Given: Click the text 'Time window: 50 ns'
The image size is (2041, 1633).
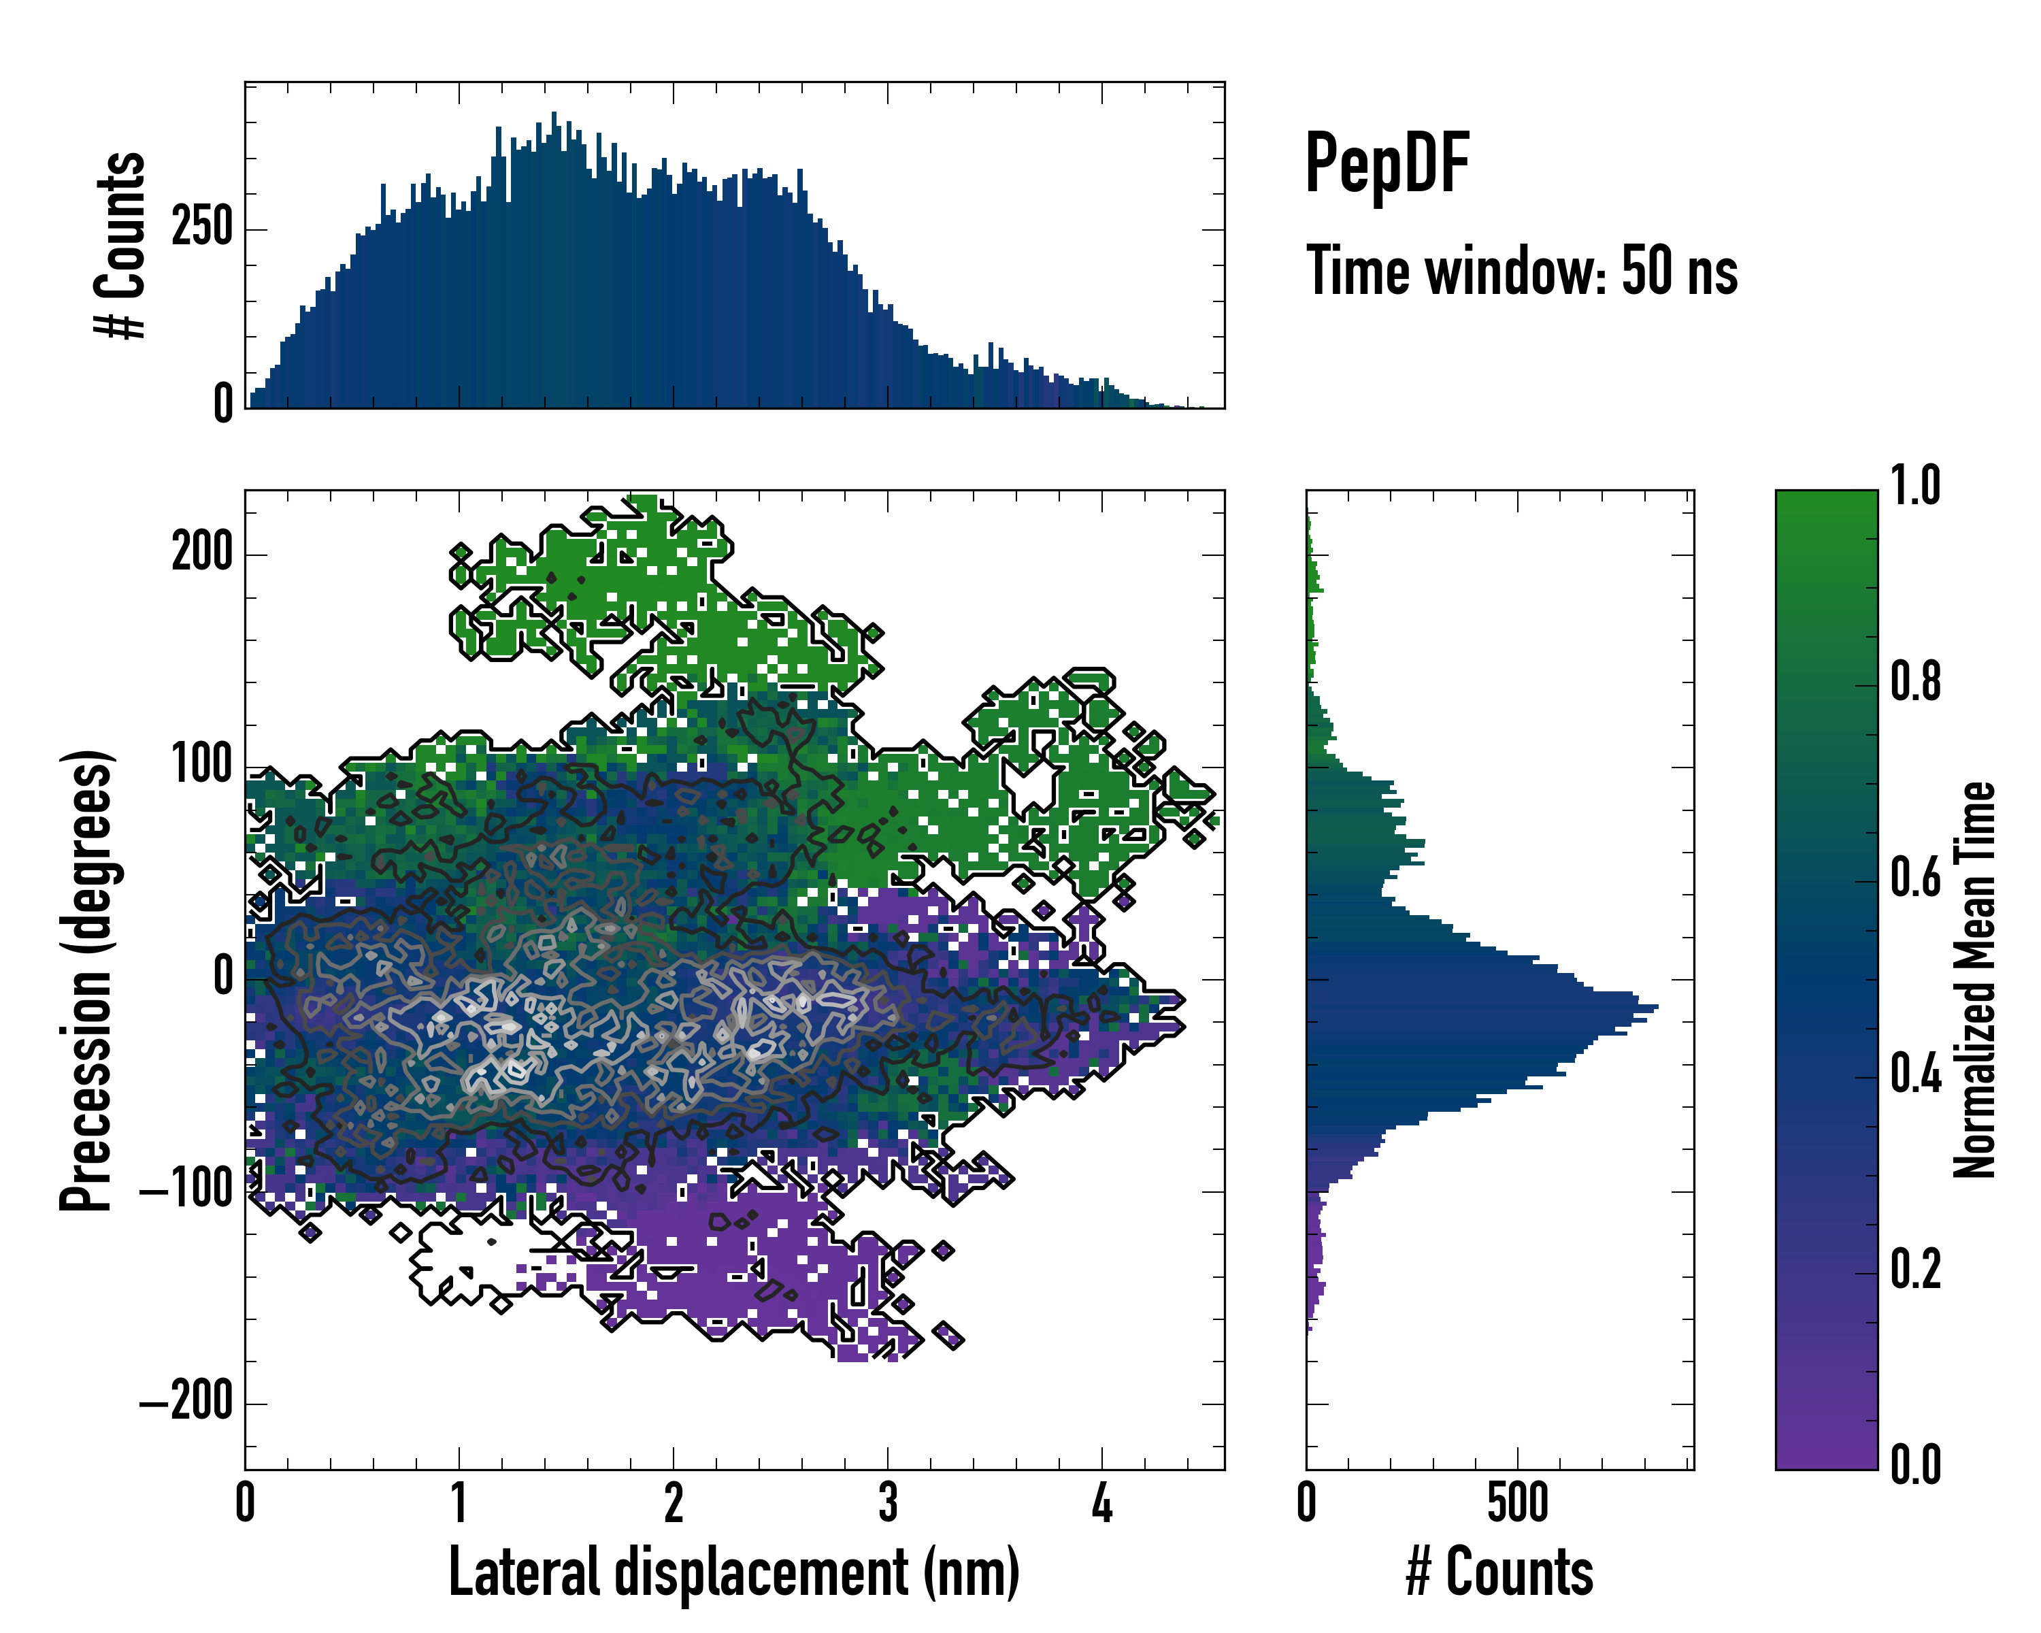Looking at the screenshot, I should [x=1521, y=271].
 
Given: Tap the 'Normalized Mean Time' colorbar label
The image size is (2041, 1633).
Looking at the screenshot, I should [x=1975, y=980].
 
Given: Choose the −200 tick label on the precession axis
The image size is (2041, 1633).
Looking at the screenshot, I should [x=186, y=1401].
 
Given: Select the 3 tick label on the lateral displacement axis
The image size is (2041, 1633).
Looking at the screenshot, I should [x=888, y=1502].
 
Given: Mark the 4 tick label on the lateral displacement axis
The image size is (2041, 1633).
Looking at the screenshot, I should [x=1102, y=1502].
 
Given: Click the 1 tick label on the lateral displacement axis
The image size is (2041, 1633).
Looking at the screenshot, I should [x=459, y=1502].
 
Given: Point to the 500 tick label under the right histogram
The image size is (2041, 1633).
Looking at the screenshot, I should [x=1518, y=1502].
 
